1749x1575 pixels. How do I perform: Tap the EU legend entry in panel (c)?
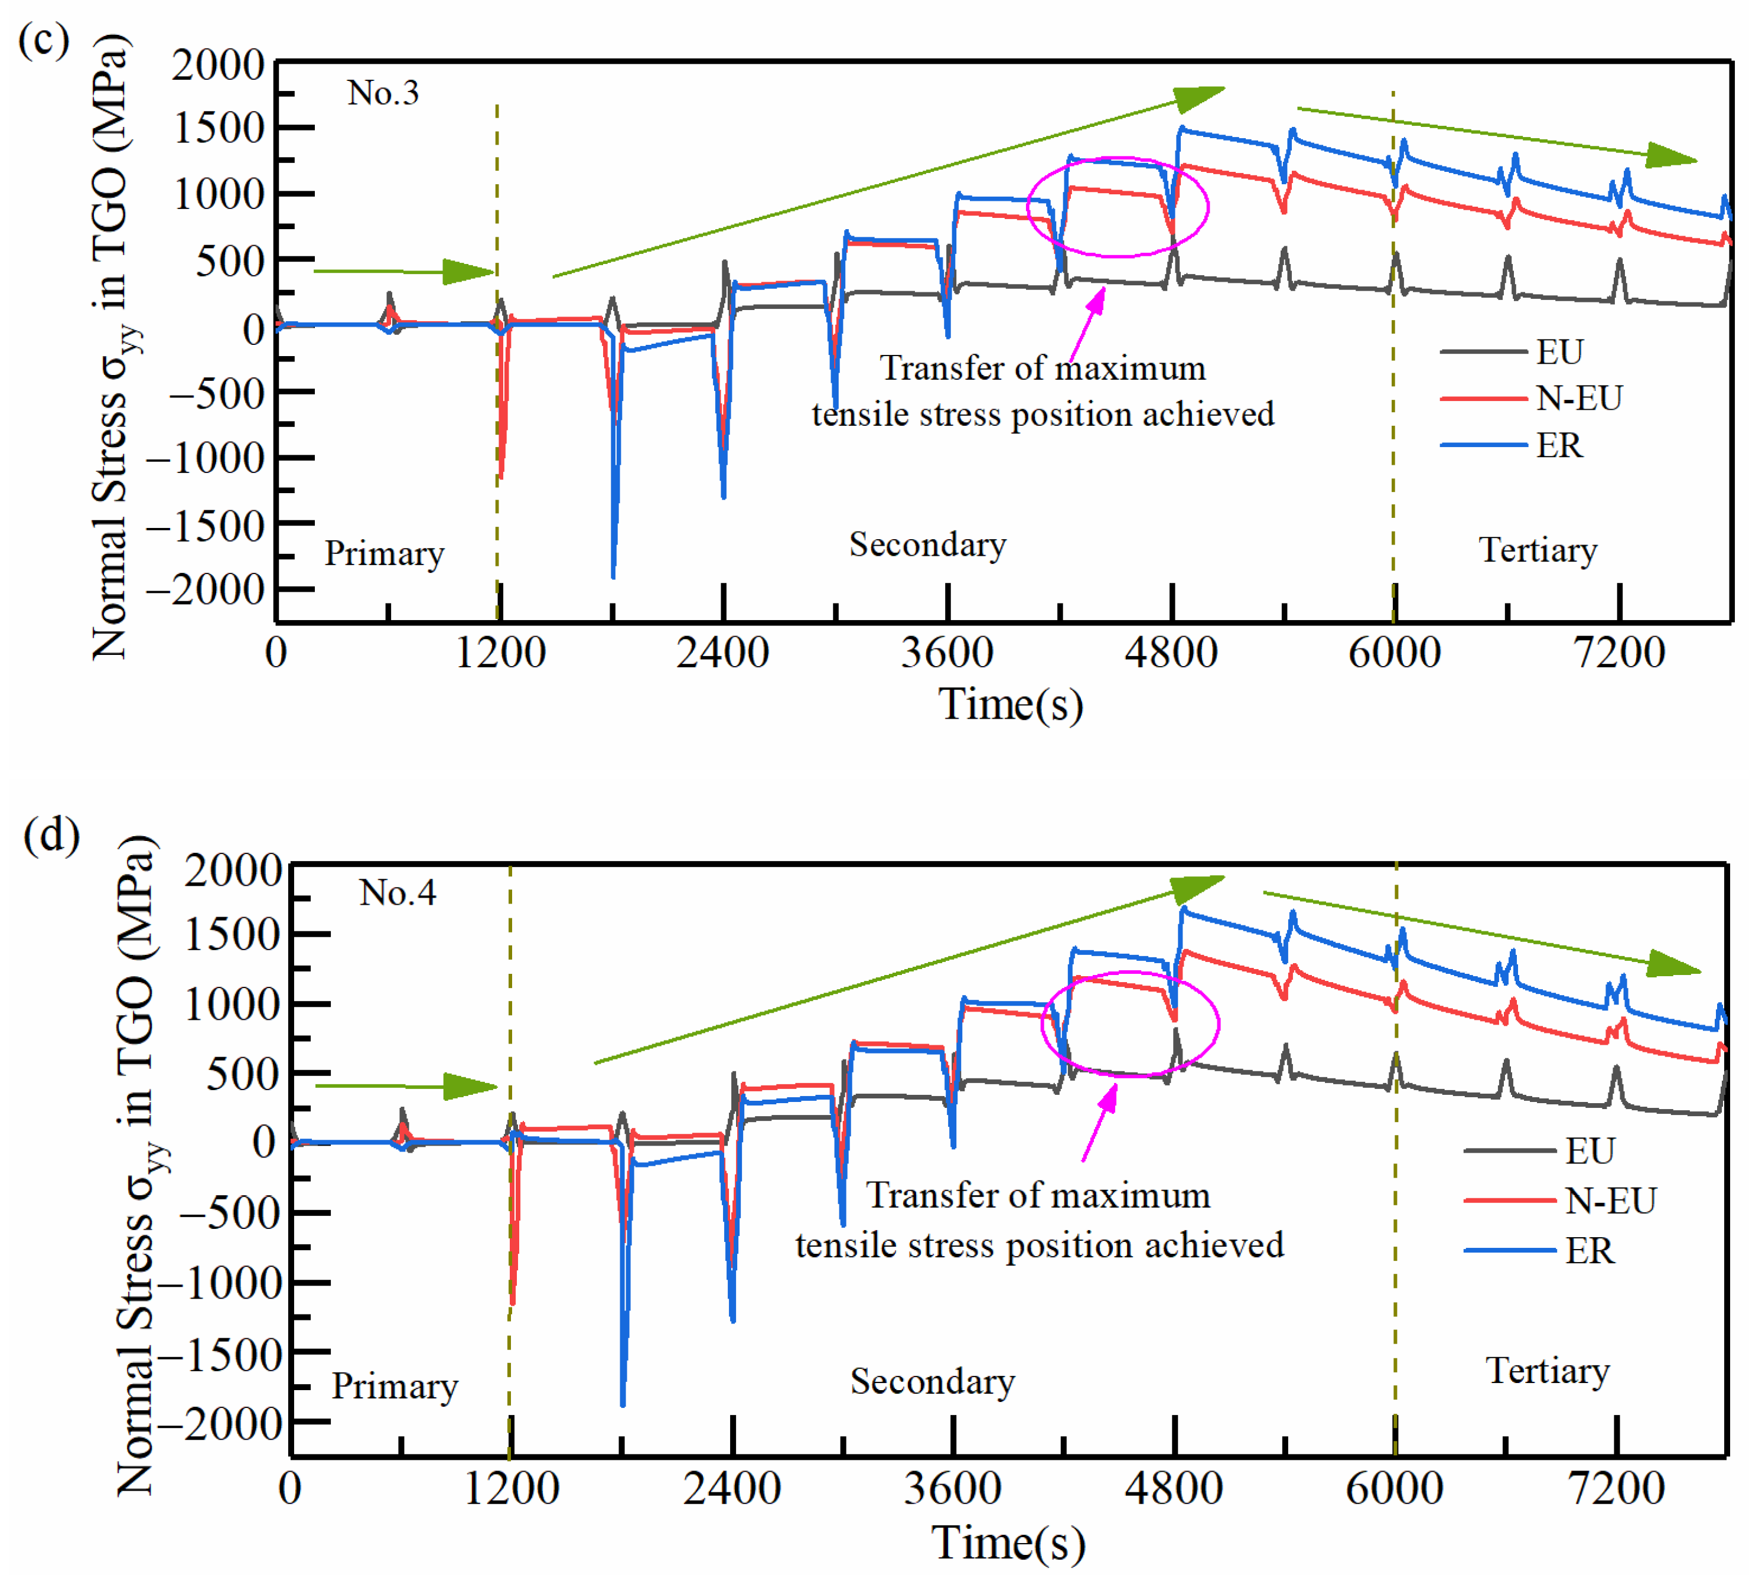(1559, 352)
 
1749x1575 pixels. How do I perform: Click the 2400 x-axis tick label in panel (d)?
(732, 1488)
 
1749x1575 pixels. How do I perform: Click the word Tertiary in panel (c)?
(1538, 550)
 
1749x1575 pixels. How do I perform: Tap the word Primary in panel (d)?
(395, 1387)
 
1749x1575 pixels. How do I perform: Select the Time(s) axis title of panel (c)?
(1011, 703)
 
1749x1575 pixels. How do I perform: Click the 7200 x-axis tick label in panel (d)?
(1616, 1488)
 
